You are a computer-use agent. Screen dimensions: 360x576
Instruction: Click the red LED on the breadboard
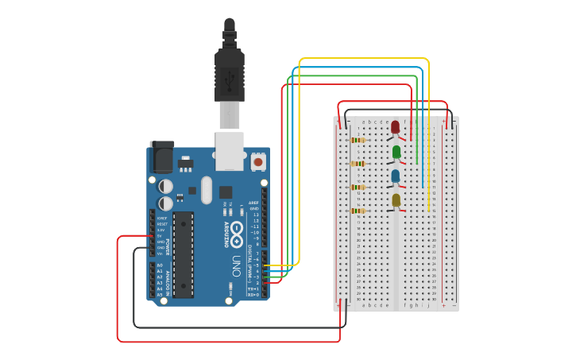pyautogui.click(x=395, y=126)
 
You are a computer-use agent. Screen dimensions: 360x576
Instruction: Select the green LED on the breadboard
pyautogui.click(x=396, y=151)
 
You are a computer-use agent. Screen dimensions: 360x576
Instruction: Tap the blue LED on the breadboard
pyautogui.click(x=396, y=175)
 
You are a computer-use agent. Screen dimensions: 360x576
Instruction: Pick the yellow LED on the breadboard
pyautogui.click(x=396, y=199)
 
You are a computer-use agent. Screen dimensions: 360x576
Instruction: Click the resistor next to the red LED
pyautogui.click(x=358, y=140)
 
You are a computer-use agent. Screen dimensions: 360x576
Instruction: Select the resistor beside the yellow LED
pyautogui.click(x=358, y=211)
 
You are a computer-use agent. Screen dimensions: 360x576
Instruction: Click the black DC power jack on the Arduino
pyautogui.click(x=162, y=157)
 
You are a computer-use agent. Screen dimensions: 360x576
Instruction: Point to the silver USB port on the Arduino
pyautogui.click(x=230, y=150)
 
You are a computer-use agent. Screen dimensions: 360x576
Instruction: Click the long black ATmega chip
pyautogui.click(x=184, y=254)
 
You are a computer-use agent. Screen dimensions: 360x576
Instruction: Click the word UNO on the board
pyautogui.click(x=236, y=263)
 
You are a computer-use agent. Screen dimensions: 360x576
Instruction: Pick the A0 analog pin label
pyautogui.click(x=159, y=265)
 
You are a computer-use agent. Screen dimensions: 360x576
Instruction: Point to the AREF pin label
pyautogui.click(x=254, y=203)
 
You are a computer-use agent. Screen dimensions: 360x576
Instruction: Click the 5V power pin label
pyautogui.click(x=159, y=236)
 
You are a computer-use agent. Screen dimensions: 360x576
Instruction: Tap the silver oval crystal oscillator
pyautogui.click(x=207, y=190)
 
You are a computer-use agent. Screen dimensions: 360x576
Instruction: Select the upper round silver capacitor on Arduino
pyautogui.click(x=165, y=186)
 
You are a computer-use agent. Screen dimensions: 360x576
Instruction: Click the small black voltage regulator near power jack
pyautogui.click(x=186, y=165)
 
